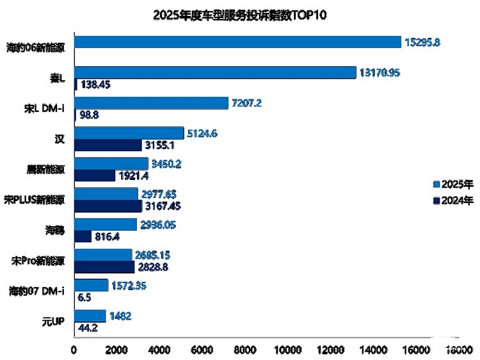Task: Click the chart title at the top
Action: click(240, 15)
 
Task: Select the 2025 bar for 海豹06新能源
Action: click(237, 42)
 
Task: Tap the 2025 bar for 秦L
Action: click(215, 72)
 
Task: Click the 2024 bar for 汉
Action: click(108, 145)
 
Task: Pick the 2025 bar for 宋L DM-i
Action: click(151, 103)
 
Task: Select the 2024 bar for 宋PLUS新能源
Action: click(108, 206)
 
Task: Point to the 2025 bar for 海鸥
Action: click(106, 224)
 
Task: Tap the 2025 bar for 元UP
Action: click(90, 316)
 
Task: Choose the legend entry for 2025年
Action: click(452, 184)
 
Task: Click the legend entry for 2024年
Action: click(452, 200)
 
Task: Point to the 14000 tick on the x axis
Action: click(373, 349)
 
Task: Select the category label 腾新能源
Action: click(47, 170)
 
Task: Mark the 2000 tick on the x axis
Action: click(117, 349)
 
